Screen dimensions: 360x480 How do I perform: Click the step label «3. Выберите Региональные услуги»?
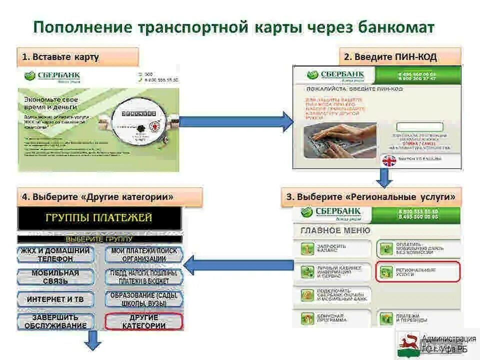click(x=371, y=197)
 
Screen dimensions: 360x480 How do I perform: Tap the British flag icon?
click(x=389, y=161)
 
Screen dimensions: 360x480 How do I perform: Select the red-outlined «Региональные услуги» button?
click(x=417, y=271)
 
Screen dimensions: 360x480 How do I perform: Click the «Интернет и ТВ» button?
click(x=55, y=299)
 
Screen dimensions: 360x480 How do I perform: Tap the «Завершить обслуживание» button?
click(x=55, y=321)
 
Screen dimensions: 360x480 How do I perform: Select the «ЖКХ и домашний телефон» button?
click(x=55, y=254)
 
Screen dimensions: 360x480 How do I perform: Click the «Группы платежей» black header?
click(x=99, y=218)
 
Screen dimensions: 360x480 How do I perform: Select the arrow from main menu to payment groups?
click(x=238, y=265)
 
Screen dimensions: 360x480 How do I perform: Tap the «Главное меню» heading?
click(x=335, y=230)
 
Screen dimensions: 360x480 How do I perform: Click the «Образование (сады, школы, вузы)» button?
click(x=144, y=299)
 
